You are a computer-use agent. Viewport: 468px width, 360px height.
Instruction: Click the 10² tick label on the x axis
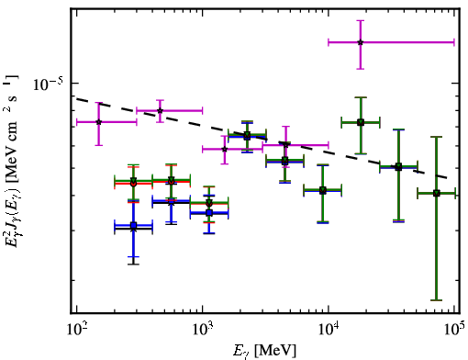pyautogui.click(x=76, y=330)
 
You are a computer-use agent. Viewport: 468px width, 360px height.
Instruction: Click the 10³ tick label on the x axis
pyautogui.click(x=203, y=330)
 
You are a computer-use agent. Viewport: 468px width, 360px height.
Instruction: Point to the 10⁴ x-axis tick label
pyautogui.click(x=329, y=330)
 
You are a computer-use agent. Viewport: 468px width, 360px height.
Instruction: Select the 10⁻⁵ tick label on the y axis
pyautogui.click(x=48, y=84)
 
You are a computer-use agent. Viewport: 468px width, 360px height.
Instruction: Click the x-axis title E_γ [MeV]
pyautogui.click(x=264, y=351)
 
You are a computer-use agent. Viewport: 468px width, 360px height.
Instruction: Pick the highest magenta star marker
pyautogui.click(x=361, y=42)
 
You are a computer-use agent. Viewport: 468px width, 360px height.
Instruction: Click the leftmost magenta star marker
pyautogui.click(x=98, y=122)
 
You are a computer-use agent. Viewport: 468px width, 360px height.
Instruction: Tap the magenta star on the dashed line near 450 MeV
pyautogui.click(x=160, y=110)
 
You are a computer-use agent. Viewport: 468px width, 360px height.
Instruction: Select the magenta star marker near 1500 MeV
pyautogui.click(x=225, y=149)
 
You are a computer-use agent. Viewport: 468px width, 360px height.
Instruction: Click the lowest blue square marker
pyautogui.click(x=133, y=226)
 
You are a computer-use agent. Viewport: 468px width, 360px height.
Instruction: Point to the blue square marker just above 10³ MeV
pyautogui.click(x=209, y=212)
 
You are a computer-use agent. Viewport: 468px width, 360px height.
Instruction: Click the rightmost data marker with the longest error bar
pyautogui.click(x=437, y=193)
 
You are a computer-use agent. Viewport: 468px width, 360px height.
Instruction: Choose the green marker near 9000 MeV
pyautogui.click(x=323, y=190)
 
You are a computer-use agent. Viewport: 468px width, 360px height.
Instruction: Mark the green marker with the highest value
pyautogui.click(x=361, y=122)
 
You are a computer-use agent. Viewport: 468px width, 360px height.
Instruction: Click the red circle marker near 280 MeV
pyautogui.click(x=133, y=184)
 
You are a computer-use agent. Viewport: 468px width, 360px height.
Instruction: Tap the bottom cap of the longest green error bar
pyautogui.click(x=437, y=300)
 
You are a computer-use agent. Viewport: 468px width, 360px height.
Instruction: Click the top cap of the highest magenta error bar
pyautogui.click(x=361, y=20)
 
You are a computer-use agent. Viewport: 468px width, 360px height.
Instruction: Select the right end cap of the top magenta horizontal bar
pyautogui.click(x=454, y=42)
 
